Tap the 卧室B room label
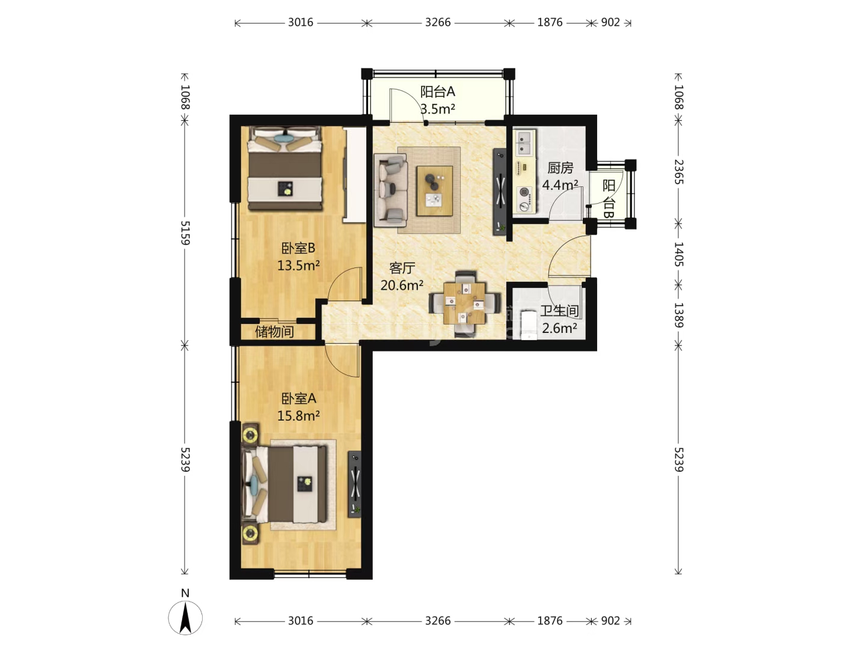(x=298, y=248)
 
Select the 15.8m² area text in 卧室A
(x=298, y=415)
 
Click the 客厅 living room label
(x=402, y=268)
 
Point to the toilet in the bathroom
(x=528, y=324)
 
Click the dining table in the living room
(x=464, y=303)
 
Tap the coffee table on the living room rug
(x=434, y=190)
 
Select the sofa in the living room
(x=390, y=190)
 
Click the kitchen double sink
(x=524, y=142)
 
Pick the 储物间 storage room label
(x=274, y=332)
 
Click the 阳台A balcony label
(x=437, y=91)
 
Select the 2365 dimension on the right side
(x=678, y=172)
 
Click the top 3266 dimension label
(x=438, y=22)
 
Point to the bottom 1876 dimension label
(x=550, y=621)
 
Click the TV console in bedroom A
(x=354, y=484)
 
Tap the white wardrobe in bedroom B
(x=355, y=175)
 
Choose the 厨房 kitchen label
(x=560, y=168)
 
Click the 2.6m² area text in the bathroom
(x=559, y=328)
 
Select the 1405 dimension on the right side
(x=678, y=254)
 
